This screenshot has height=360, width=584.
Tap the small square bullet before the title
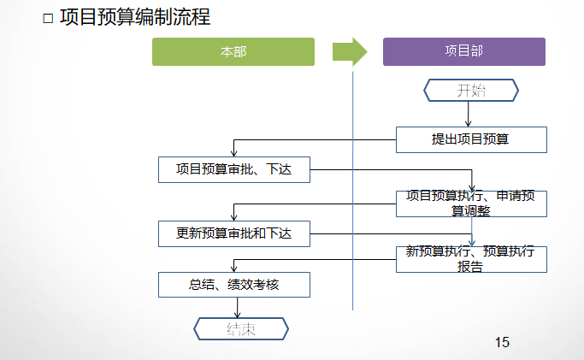(x=48, y=18)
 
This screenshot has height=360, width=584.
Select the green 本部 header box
(x=233, y=52)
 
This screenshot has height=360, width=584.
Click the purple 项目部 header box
(x=464, y=52)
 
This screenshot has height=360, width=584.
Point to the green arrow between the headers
(x=349, y=52)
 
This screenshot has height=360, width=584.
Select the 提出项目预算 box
(x=471, y=139)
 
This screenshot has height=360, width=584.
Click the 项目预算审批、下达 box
(x=234, y=169)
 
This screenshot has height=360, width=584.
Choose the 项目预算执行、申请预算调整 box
(x=471, y=204)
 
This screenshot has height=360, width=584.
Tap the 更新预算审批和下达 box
(x=234, y=232)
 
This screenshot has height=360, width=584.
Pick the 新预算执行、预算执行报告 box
(x=471, y=259)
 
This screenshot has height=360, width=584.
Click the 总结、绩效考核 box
(x=234, y=285)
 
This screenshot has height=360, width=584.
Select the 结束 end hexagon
(x=242, y=328)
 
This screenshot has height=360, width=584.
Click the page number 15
(x=502, y=342)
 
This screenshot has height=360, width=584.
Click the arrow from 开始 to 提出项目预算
(x=468, y=115)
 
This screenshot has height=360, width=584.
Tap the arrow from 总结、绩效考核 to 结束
(x=237, y=307)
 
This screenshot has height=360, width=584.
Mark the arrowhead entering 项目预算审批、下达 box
(x=234, y=153)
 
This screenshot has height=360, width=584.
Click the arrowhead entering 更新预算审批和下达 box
(x=234, y=217)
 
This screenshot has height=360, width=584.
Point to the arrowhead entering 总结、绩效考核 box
(x=234, y=269)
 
